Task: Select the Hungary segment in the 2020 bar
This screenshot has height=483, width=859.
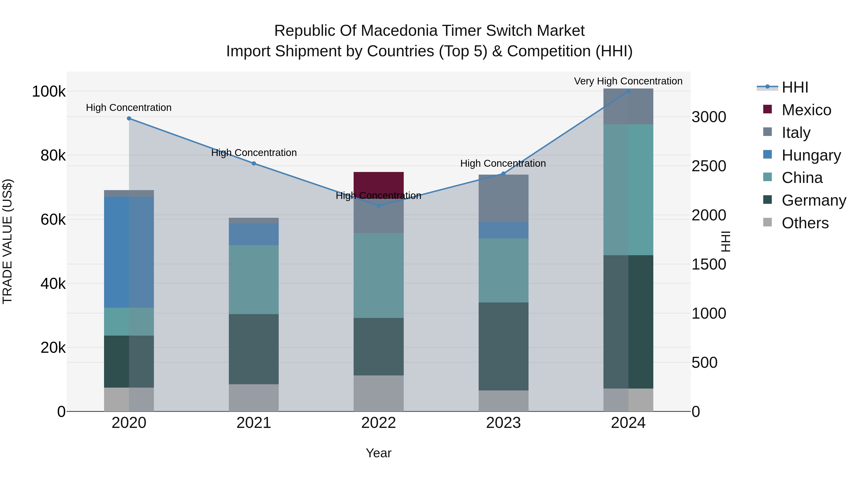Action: tap(129, 252)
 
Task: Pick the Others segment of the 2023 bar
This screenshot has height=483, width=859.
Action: tap(503, 401)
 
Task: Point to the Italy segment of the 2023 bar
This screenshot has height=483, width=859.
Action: tap(503, 198)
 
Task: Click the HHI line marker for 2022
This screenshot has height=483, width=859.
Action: tap(378, 206)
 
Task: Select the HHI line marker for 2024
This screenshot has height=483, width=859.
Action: tap(628, 91)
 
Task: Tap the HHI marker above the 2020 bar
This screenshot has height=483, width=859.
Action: tap(129, 118)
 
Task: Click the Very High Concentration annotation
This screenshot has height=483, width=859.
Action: tap(628, 81)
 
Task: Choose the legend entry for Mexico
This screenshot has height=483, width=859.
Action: tap(806, 110)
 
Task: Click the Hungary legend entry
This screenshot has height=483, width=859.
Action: tap(811, 155)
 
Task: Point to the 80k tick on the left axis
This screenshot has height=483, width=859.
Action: tap(53, 155)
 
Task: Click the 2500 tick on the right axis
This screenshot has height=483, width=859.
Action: tap(709, 166)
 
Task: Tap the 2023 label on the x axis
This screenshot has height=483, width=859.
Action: tap(503, 423)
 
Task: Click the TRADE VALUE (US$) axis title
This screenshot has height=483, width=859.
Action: tap(7, 241)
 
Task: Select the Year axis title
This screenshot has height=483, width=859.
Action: tap(378, 453)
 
